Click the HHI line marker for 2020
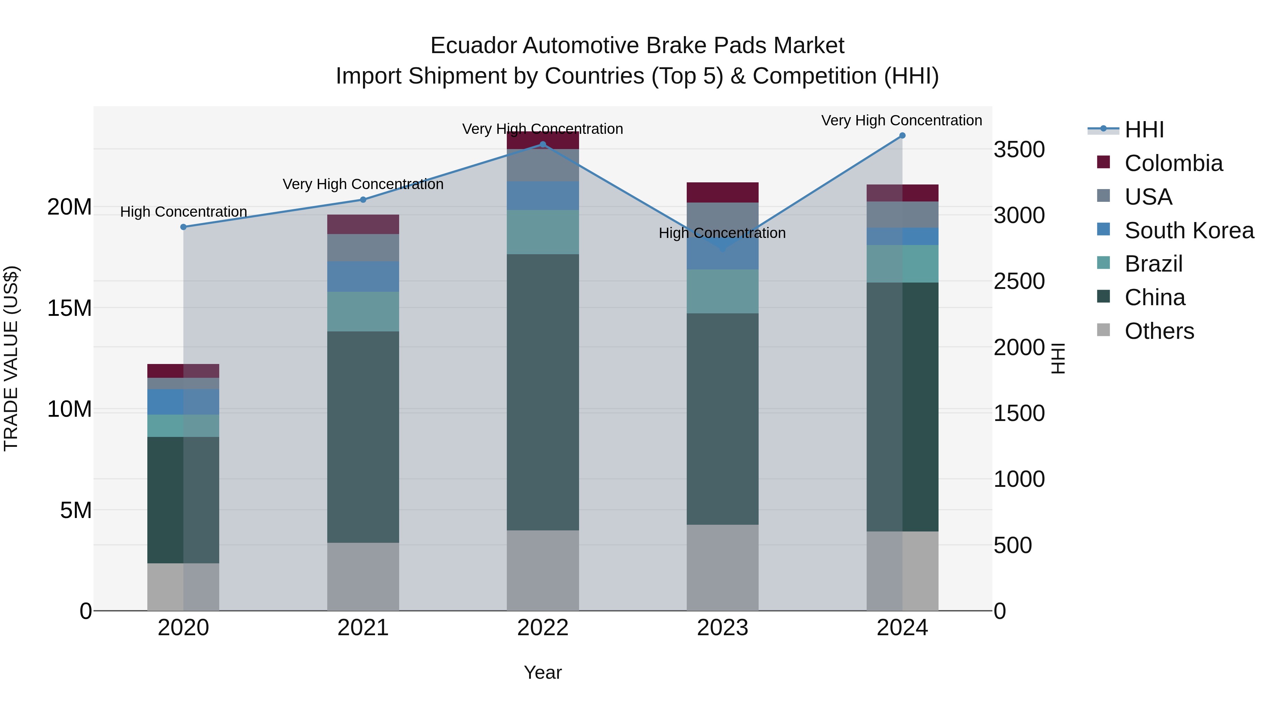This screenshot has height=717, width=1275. tap(183, 227)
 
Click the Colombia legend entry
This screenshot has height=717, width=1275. tap(1173, 163)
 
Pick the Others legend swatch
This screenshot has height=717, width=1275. tap(1103, 330)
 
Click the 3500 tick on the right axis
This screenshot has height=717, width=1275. tap(1019, 149)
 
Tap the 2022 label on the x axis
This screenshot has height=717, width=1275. tap(543, 628)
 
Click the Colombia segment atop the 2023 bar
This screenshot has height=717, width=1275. tap(722, 193)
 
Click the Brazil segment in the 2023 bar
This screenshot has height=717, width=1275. tap(722, 291)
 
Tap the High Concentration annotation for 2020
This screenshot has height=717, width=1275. tap(183, 212)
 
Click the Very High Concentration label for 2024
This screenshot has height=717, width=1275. tap(901, 120)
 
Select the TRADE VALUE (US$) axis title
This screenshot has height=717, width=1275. tap(11, 358)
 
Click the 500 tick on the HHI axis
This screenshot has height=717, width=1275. tap(1013, 545)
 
